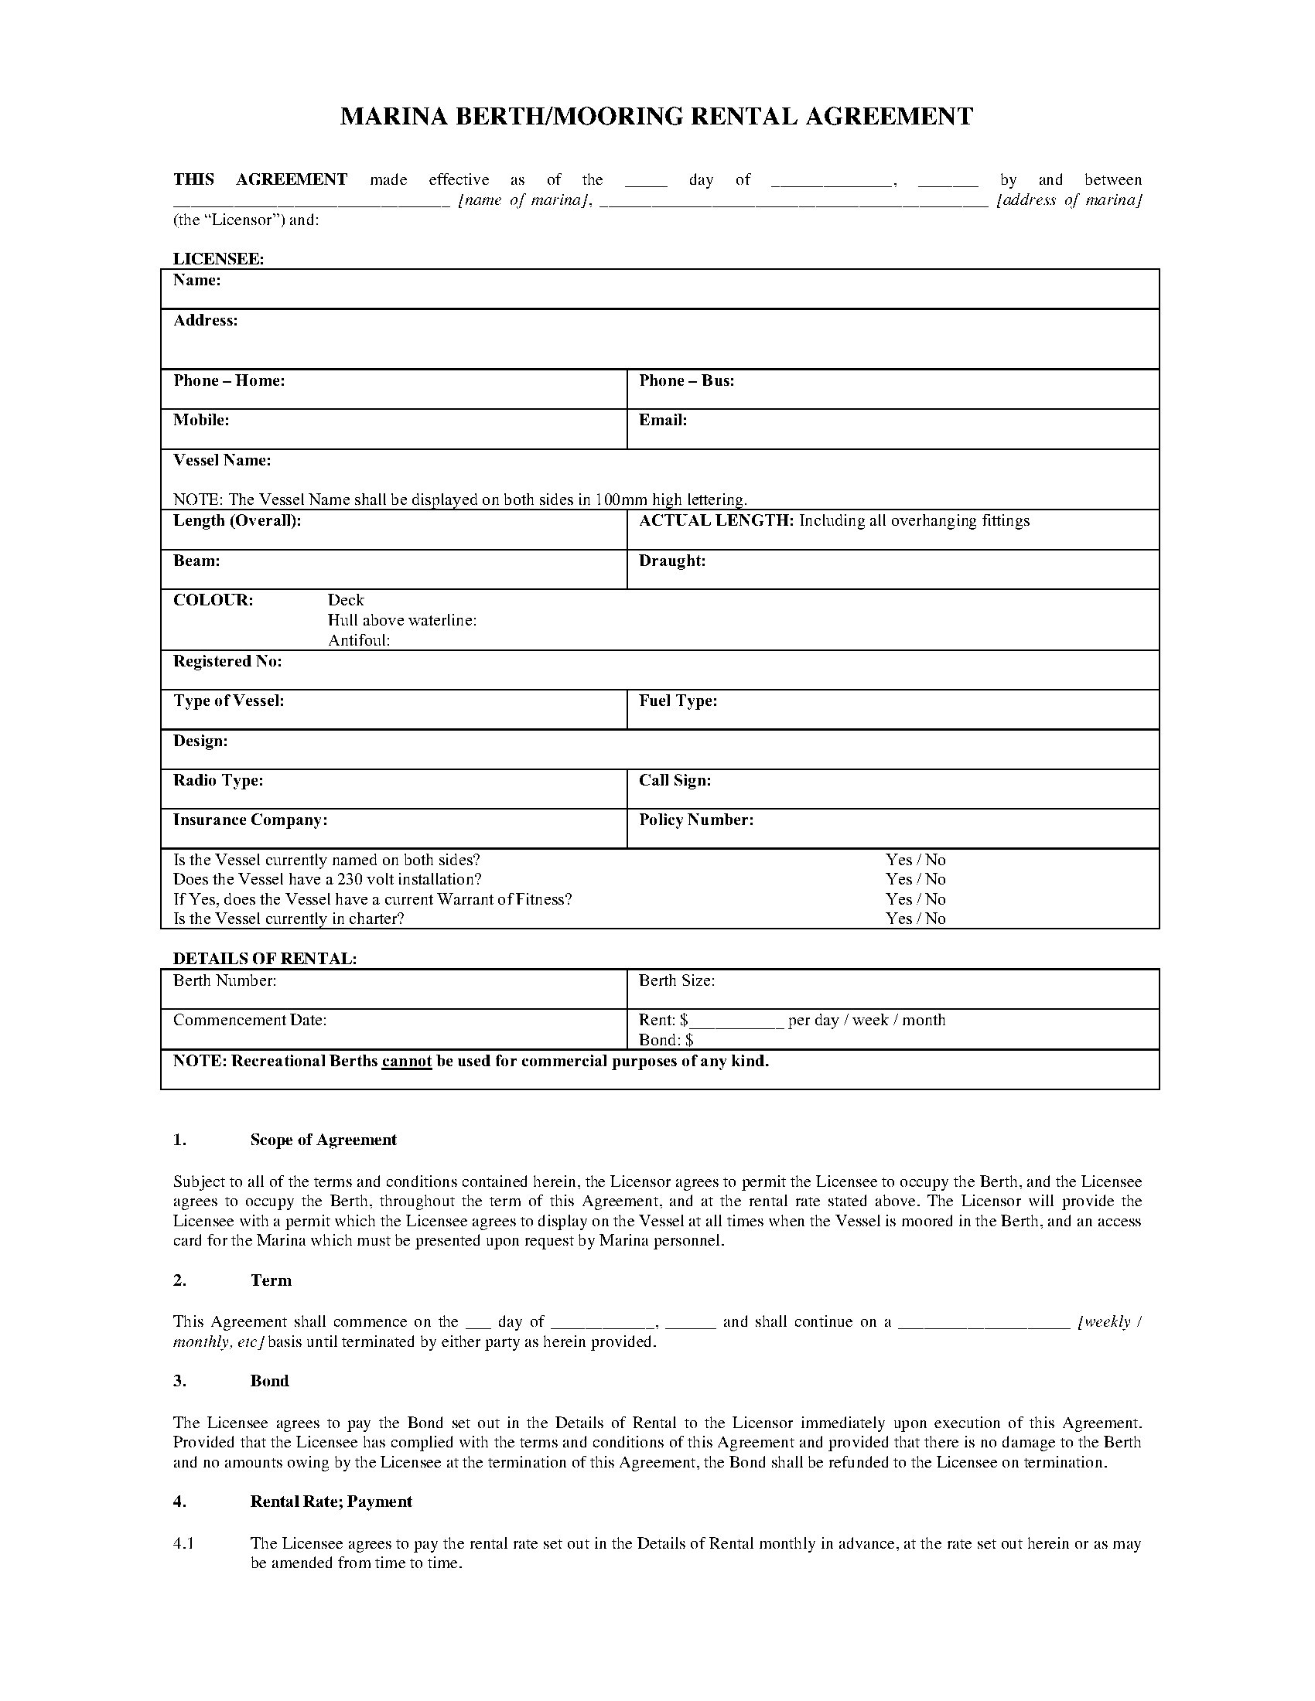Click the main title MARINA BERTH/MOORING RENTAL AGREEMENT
click(x=657, y=117)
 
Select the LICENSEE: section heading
click(x=218, y=259)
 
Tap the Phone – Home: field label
click(x=228, y=381)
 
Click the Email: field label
click(x=663, y=421)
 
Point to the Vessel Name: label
click(x=222, y=460)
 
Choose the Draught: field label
click(x=672, y=561)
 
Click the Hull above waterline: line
click(x=402, y=621)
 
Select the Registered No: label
click(x=227, y=661)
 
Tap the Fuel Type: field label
click(x=678, y=701)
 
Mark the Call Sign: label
click(x=675, y=780)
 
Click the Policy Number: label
click(x=695, y=820)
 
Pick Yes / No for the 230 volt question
click(x=915, y=879)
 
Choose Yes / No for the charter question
click(x=915, y=919)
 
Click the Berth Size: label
click(x=676, y=981)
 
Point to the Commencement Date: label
click(x=249, y=1021)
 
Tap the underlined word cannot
click(x=407, y=1062)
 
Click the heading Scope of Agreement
click(x=323, y=1140)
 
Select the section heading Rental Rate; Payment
click(x=331, y=1502)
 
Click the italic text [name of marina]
click(x=522, y=200)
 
